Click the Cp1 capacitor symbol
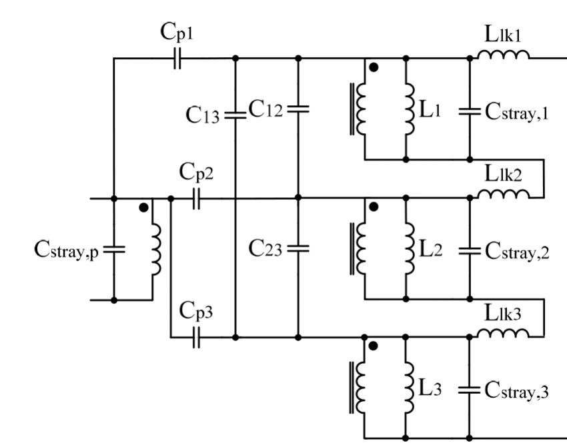[177, 59]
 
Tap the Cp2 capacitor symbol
[195, 199]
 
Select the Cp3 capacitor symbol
[195, 338]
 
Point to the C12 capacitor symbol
[298, 109]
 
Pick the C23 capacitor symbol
[298, 248]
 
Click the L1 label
[432, 109]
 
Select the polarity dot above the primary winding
[143, 208]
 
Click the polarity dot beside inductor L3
[374, 346]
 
